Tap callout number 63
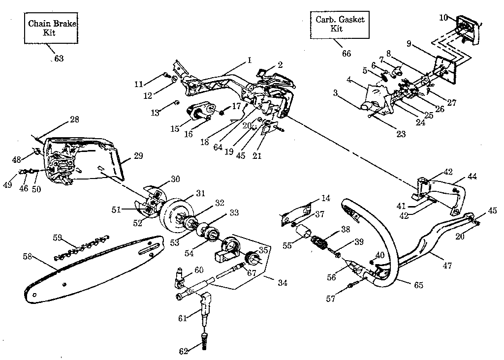pyautogui.click(x=59, y=59)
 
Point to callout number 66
pyautogui.click(x=346, y=53)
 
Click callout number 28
pyautogui.click(x=75, y=120)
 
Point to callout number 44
pyautogui.click(x=472, y=176)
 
